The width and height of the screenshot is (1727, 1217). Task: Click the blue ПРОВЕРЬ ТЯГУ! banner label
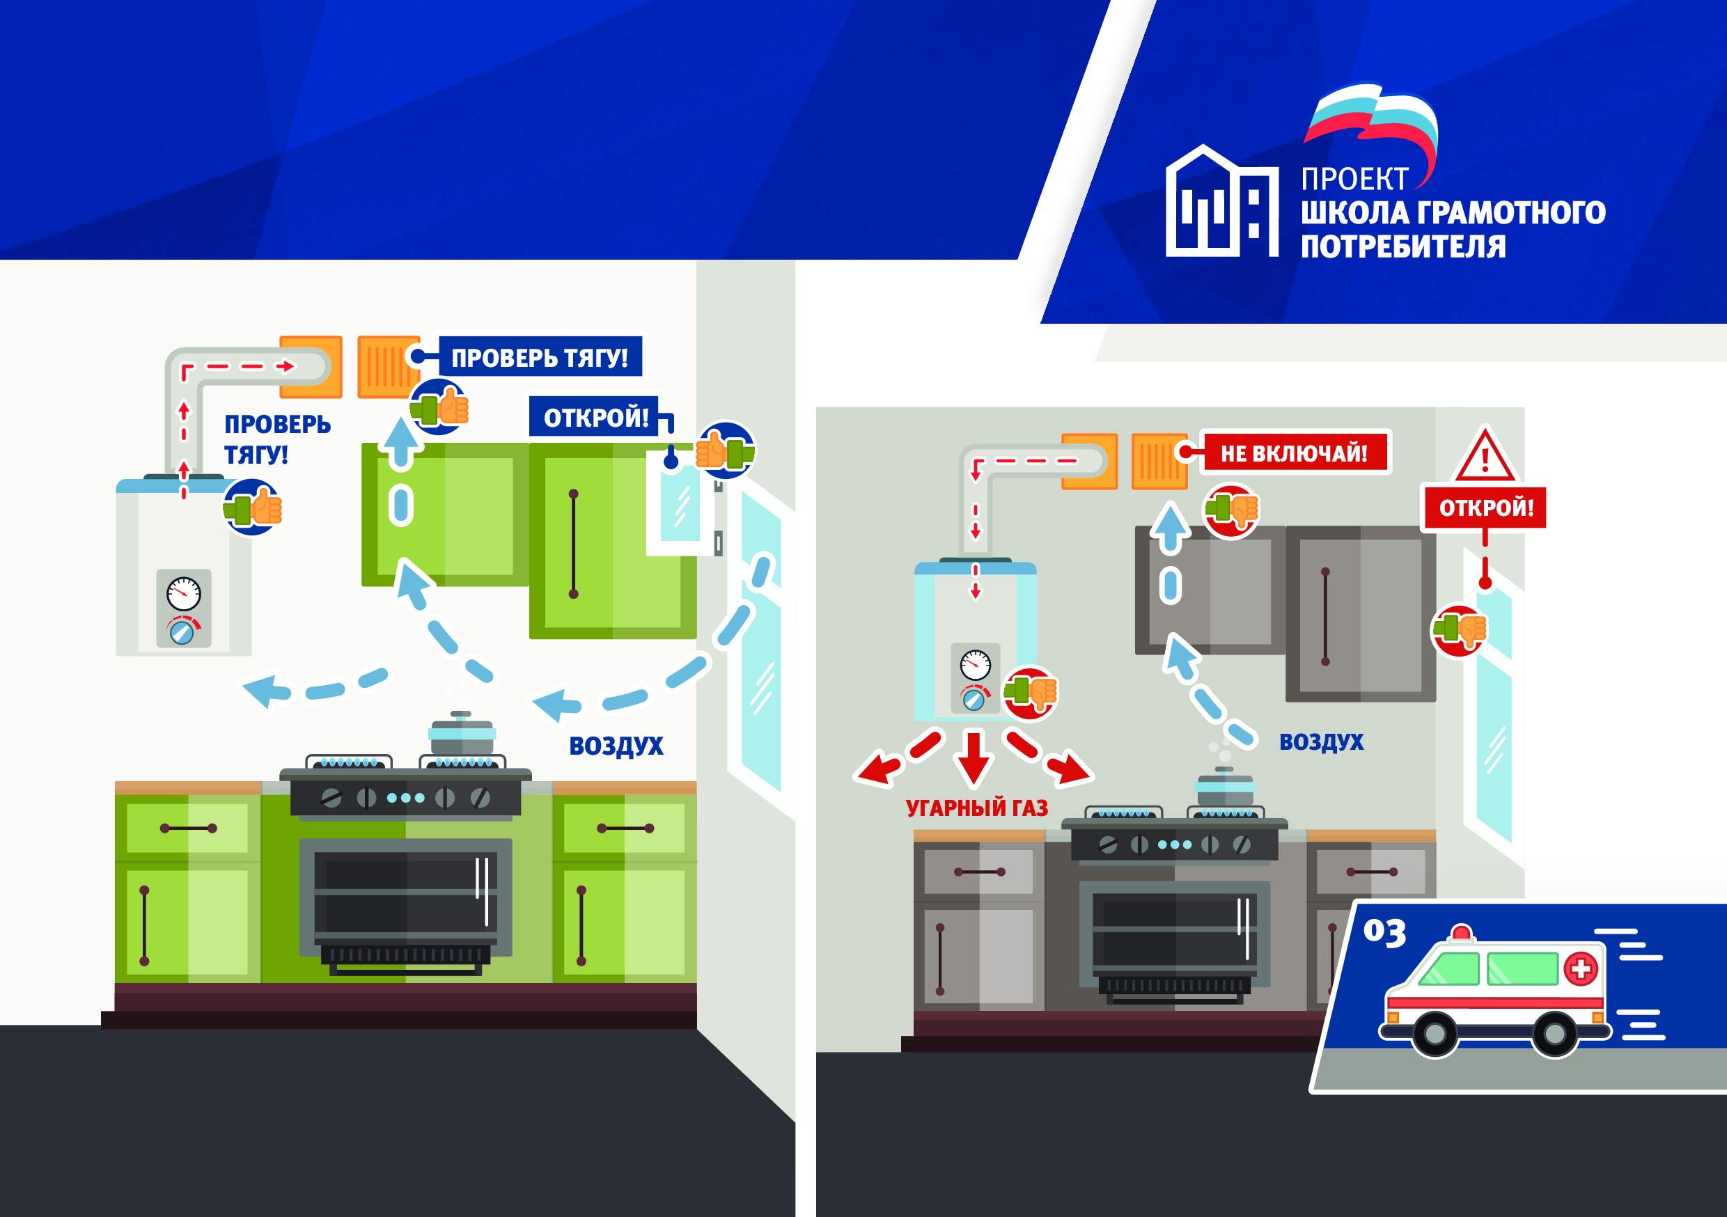point(539,357)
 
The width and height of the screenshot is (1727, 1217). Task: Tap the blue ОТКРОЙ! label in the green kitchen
point(595,417)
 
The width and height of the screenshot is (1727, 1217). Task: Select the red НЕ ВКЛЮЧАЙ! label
point(1294,453)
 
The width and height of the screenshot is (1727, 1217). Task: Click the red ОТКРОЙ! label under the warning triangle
point(1485,508)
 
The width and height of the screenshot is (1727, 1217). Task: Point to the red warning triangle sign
point(1485,456)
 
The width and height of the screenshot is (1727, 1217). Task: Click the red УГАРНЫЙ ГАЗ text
point(976,808)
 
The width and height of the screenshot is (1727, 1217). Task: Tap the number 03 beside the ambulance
point(1384,932)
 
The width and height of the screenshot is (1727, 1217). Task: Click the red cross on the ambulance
point(1580,968)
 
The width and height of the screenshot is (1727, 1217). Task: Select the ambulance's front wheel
point(1554,1034)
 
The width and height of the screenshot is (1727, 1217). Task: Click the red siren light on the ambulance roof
point(1461,934)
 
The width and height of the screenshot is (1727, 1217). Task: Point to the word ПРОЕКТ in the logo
point(1354,179)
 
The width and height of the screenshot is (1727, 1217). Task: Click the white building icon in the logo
point(1221,203)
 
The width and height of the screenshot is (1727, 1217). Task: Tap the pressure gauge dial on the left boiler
point(184,593)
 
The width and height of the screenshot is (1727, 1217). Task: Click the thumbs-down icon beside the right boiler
point(1031,692)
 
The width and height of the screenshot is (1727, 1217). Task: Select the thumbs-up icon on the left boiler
point(253,508)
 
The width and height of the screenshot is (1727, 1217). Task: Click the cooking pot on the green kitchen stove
point(462,732)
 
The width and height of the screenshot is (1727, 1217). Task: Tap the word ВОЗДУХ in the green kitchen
point(616,746)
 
